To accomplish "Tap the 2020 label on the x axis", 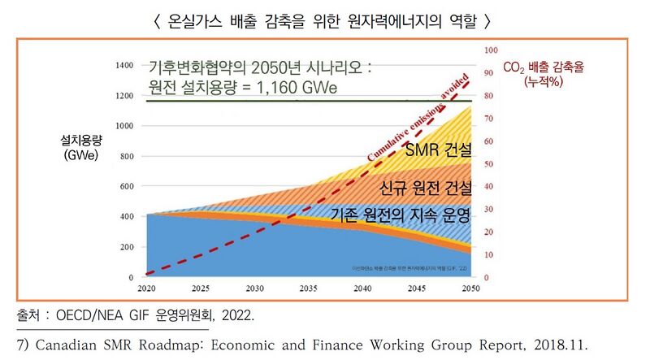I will (146, 288).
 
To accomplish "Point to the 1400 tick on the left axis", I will (123, 64).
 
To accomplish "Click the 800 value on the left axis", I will (126, 156).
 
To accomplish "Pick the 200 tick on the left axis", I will (126, 247).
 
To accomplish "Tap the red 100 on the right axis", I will (491, 50).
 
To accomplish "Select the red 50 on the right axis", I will (489, 164).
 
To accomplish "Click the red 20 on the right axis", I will (489, 232).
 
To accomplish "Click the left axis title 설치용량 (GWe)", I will (80, 148).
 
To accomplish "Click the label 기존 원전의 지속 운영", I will (401, 215).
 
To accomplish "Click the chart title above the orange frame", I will (325, 19).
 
